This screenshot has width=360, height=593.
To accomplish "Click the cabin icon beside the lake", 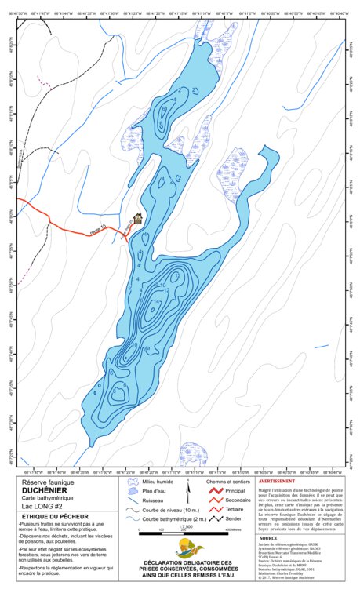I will click(139, 218).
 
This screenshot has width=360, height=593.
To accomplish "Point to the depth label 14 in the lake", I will click(157, 302).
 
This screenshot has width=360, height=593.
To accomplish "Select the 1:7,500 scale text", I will click(186, 526).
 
